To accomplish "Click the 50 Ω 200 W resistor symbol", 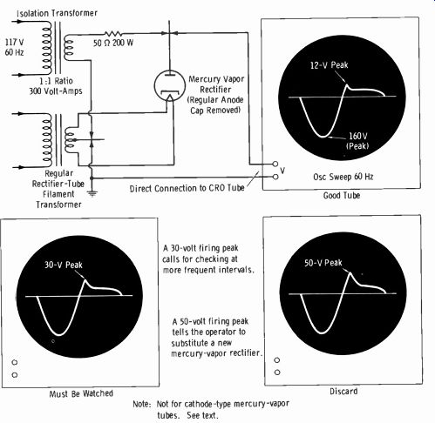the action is pyautogui.click(x=113, y=33).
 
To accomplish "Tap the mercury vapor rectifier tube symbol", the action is pyautogui.click(x=170, y=86).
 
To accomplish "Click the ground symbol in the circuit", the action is pyautogui.click(x=92, y=193).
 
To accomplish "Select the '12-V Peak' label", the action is pyautogui.click(x=329, y=65).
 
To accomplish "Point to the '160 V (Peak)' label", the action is pyautogui.click(x=357, y=140).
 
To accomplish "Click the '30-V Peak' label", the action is pyautogui.click(x=64, y=265).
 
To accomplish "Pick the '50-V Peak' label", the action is pyautogui.click(x=323, y=263).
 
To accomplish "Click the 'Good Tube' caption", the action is pyautogui.click(x=342, y=195).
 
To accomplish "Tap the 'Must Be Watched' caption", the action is pyautogui.click(x=81, y=393).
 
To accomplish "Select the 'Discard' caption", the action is pyautogui.click(x=343, y=392).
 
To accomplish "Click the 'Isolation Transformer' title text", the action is pyautogui.click(x=57, y=13).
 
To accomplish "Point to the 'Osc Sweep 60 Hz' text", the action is pyautogui.click(x=343, y=177).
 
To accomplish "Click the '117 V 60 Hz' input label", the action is pyautogui.click(x=14, y=47).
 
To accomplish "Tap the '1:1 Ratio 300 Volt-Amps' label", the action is pyautogui.click(x=56, y=86).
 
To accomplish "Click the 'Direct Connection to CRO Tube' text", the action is pyautogui.click(x=187, y=188).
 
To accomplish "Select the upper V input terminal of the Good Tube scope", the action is pyautogui.click(x=275, y=164).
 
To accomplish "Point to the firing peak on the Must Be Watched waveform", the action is pyautogui.click(x=85, y=279).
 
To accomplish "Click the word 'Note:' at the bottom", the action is pyautogui.click(x=142, y=404).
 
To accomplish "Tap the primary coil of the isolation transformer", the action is pyautogui.click(x=47, y=48).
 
